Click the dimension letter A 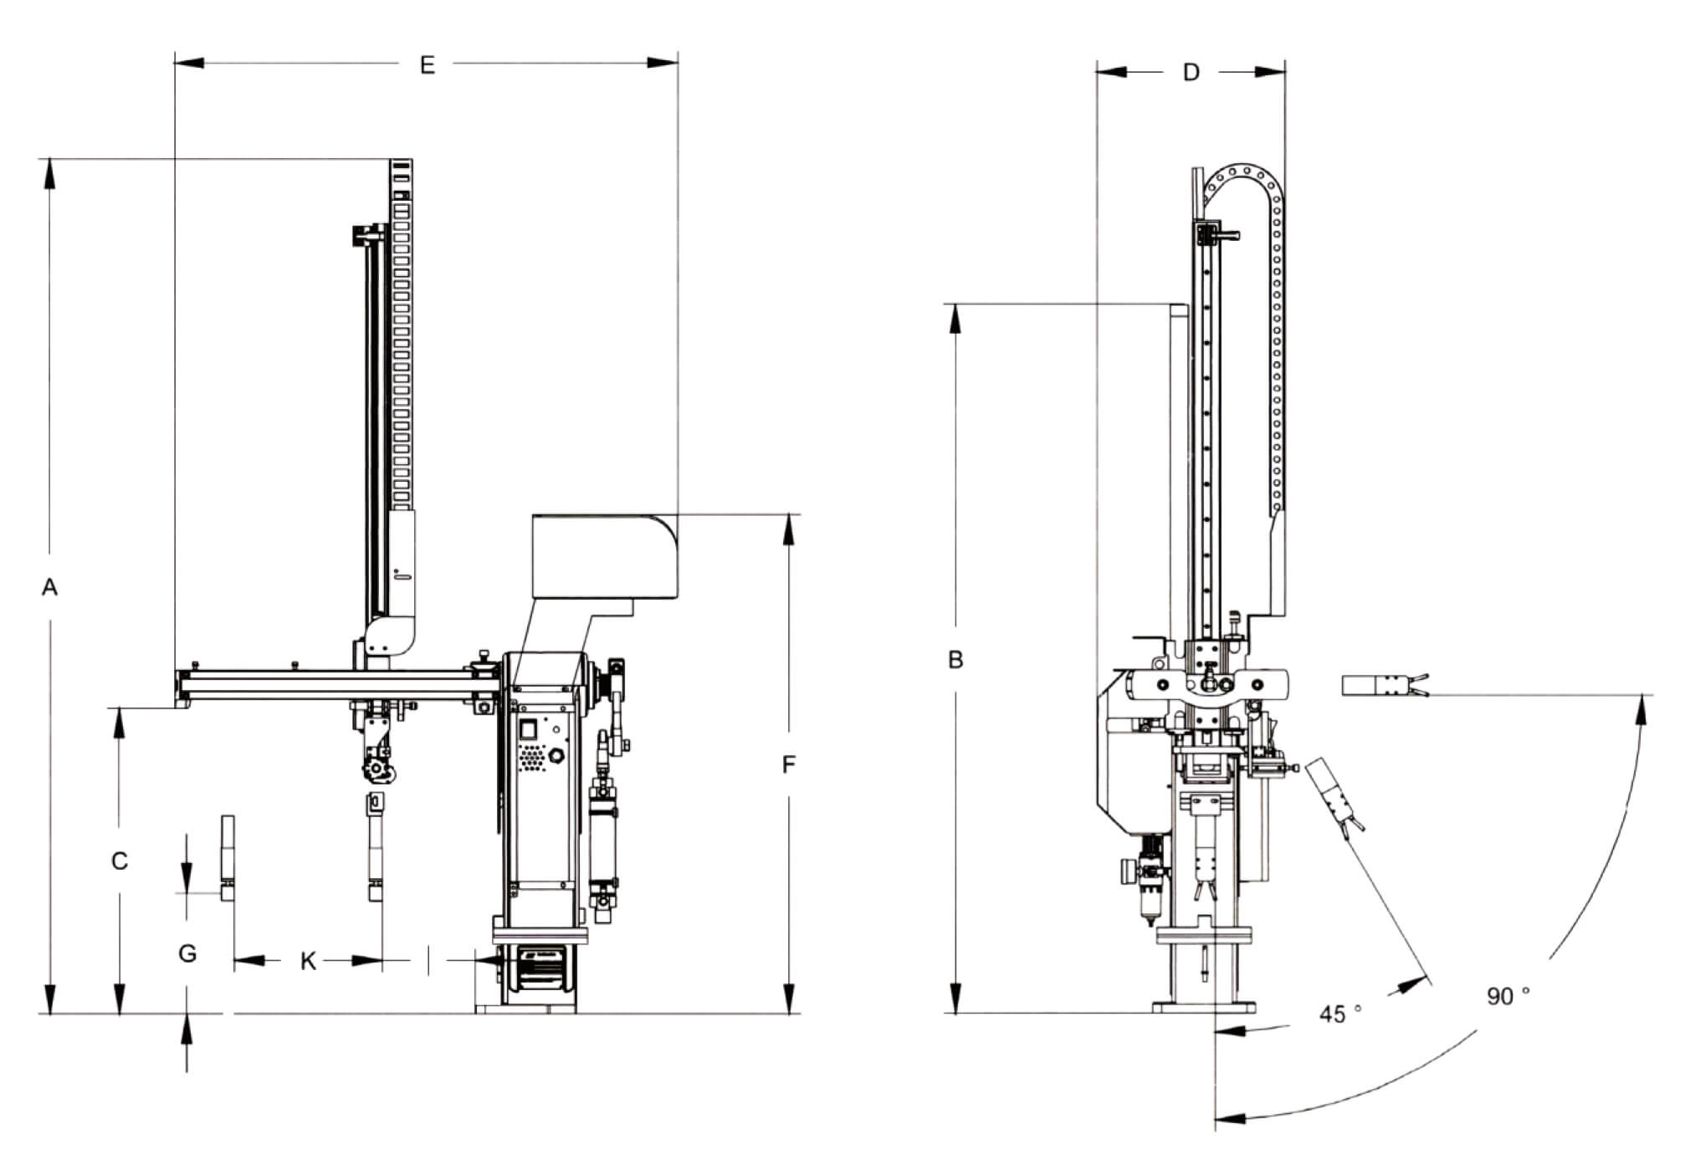50,587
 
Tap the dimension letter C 120,861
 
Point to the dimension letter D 1191,73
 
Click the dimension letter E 428,64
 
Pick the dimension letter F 788,764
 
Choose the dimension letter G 187,953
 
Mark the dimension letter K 308,962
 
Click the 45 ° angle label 1340,1014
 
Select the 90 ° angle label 1508,995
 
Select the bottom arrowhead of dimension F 788,999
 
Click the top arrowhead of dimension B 955,318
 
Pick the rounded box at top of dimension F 604,555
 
